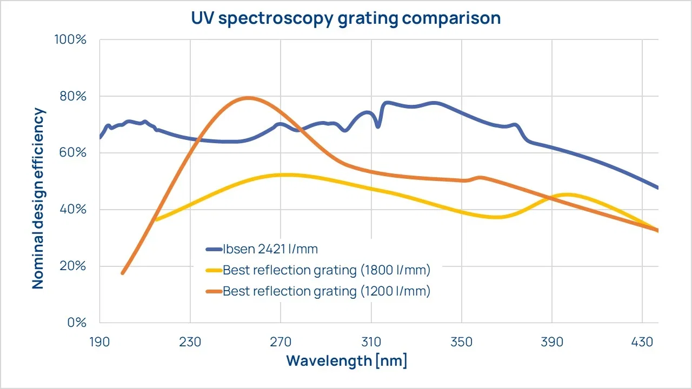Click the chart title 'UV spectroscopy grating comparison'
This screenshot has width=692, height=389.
click(346, 18)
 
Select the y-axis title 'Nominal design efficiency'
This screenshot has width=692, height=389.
click(38, 198)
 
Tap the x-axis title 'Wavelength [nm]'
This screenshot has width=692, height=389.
click(347, 360)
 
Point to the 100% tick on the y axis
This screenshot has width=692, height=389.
click(70, 40)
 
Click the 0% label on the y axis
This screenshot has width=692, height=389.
click(75, 323)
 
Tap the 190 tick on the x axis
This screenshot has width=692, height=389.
click(100, 342)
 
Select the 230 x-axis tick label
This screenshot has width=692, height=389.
click(190, 342)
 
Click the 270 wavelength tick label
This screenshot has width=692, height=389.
click(281, 342)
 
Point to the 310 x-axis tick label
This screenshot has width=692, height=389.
click(371, 342)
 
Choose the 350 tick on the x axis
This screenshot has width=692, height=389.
click(462, 342)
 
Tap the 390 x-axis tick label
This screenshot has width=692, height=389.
click(552, 342)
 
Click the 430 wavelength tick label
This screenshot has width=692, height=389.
click(642, 342)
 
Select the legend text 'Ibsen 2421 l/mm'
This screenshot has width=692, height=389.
click(270, 249)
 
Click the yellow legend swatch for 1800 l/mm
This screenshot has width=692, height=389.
click(214, 270)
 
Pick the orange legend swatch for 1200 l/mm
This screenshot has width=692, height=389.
click(214, 291)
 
